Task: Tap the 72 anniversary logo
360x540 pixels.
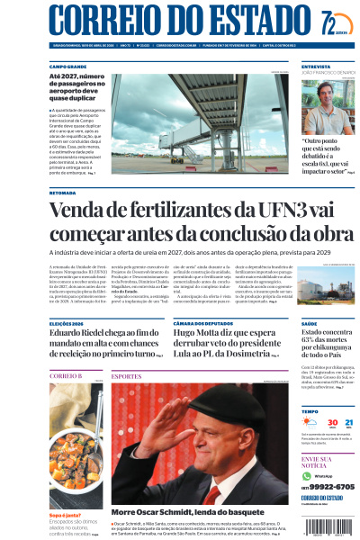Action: tap(332, 22)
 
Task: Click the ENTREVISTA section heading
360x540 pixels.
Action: tap(316, 67)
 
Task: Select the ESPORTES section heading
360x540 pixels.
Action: tap(127, 375)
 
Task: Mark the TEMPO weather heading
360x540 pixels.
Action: tap(310, 411)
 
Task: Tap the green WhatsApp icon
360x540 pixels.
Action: tap(307, 475)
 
